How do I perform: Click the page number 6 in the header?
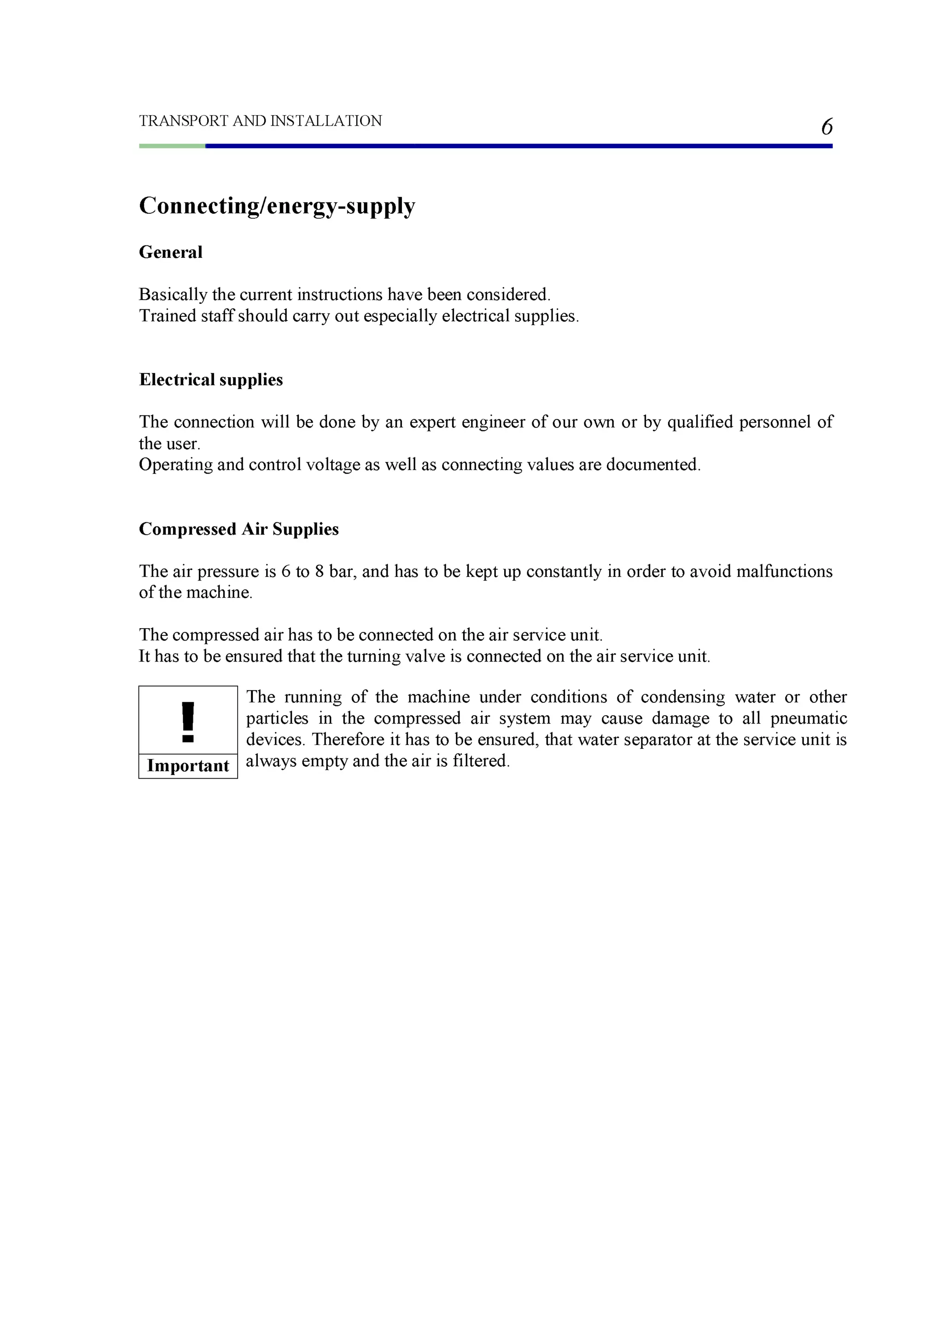click(x=826, y=127)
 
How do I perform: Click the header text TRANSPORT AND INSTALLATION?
click(x=260, y=121)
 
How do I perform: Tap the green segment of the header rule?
click(x=172, y=146)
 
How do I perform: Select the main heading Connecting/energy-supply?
click(x=277, y=206)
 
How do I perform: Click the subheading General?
click(x=171, y=252)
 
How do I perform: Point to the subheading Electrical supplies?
click(x=211, y=380)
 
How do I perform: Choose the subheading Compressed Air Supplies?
click(x=239, y=529)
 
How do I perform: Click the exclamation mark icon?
click(x=188, y=722)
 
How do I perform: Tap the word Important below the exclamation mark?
click(x=188, y=766)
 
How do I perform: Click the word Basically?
click(x=173, y=295)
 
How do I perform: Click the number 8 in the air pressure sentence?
click(x=319, y=572)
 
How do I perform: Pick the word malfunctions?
click(x=785, y=572)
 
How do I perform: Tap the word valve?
click(x=428, y=657)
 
